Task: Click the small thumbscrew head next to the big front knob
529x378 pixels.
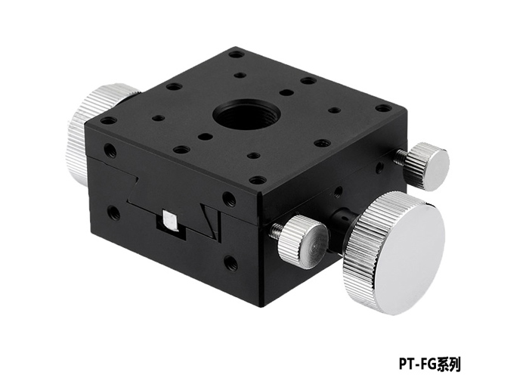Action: point(303,240)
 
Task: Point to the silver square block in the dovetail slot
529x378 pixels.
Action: point(170,221)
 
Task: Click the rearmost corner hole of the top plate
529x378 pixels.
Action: point(237,54)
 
